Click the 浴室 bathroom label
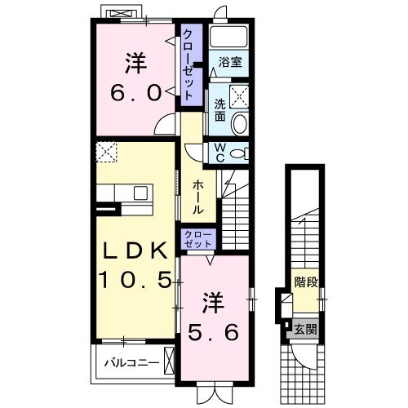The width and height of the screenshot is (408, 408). [x=230, y=62]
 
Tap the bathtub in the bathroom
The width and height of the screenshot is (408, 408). [x=228, y=37]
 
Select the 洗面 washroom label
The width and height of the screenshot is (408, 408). [x=220, y=110]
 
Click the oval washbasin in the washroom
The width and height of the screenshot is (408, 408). [x=240, y=123]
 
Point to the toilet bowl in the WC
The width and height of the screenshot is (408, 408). [x=238, y=153]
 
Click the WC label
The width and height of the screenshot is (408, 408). [x=220, y=153]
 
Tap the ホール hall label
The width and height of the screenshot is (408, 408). [x=197, y=197]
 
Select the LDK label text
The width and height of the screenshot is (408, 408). [x=135, y=251]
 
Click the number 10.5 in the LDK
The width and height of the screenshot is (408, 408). [x=135, y=280]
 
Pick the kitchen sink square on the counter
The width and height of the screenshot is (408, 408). [x=140, y=193]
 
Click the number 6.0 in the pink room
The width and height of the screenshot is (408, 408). [x=135, y=92]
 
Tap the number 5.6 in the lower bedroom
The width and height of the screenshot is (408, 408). [x=214, y=332]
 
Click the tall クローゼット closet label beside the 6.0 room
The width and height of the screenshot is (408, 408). [x=188, y=65]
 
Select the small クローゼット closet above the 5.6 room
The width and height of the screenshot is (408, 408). [x=198, y=239]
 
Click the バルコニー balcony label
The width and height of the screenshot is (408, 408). [x=132, y=363]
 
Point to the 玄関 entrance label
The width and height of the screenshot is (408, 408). [x=306, y=330]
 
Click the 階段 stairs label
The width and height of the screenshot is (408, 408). [x=306, y=282]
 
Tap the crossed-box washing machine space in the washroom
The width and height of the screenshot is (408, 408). [x=239, y=96]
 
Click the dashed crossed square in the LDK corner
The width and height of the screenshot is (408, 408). [x=106, y=153]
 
